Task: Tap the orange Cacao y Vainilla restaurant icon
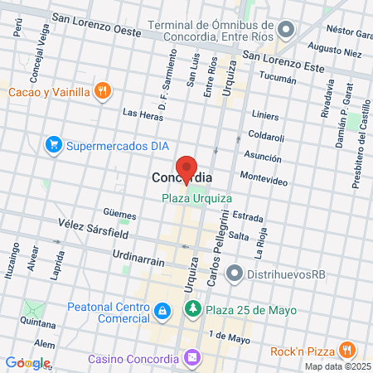[x=103, y=91]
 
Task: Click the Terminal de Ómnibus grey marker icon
[x=287, y=31]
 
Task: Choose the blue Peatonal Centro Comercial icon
[x=162, y=312]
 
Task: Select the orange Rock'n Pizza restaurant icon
[x=346, y=351]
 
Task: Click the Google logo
[x=27, y=363]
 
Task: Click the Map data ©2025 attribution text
[x=337, y=366]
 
